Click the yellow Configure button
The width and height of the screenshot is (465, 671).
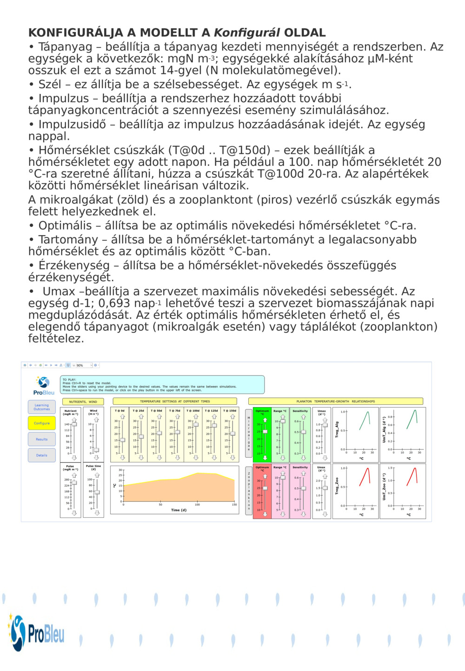[x=41, y=423]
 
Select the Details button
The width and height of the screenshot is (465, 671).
[x=41, y=455]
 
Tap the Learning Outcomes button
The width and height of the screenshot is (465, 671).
[x=41, y=407]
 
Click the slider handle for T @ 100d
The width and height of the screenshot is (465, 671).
[x=196, y=424]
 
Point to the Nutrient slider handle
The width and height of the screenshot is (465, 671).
[x=74, y=424]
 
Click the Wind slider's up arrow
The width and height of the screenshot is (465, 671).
[x=96, y=420]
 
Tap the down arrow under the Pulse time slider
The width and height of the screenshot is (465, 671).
[x=97, y=513]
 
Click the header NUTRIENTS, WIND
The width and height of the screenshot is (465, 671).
[x=83, y=401]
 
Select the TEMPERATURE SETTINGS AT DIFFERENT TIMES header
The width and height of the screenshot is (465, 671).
[x=175, y=401]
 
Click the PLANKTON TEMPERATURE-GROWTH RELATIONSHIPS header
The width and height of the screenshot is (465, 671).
[x=336, y=401]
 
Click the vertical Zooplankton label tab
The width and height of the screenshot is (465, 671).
[x=249, y=491]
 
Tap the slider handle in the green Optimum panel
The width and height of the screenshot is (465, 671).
[x=265, y=432]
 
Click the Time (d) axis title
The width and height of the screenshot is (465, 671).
[x=179, y=510]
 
